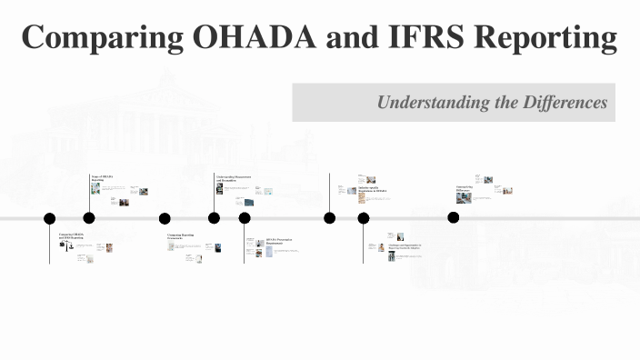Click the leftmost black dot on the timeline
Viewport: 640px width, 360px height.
pos(50,218)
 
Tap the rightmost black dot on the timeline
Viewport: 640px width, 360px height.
pos(454,217)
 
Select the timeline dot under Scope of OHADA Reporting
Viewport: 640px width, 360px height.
pos(89,218)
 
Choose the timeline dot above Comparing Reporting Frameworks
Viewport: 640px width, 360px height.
pos(165,218)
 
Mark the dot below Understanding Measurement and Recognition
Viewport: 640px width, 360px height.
pos(214,218)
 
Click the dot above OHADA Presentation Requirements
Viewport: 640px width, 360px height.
pos(245,218)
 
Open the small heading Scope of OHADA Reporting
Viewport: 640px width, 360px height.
pos(102,178)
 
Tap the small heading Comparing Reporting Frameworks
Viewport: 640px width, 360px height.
pos(181,237)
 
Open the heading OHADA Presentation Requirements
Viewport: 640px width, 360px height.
pos(281,242)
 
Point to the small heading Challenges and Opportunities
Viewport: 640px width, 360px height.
pos(405,246)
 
